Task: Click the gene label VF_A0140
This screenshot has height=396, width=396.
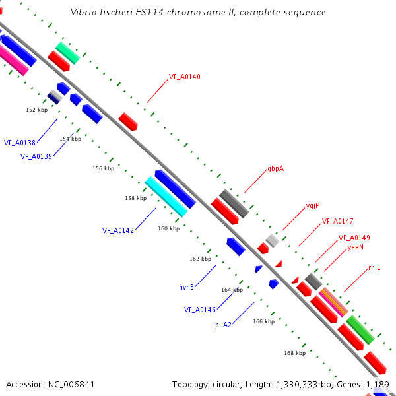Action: pos(184,77)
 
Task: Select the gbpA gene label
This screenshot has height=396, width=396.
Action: pos(275,169)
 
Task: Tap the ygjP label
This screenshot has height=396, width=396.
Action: pos(313,205)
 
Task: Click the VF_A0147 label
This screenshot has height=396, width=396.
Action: pos(337,221)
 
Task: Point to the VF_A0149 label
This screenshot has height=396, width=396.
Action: pos(354,238)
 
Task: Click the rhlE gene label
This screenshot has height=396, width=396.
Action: pos(374,268)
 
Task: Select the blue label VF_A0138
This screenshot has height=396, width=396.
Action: pos(19,143)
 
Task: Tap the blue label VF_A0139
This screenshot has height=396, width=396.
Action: pos(36,156)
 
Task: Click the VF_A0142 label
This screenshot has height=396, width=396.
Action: pos(118,230)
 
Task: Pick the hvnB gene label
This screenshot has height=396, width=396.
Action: pos(186,287)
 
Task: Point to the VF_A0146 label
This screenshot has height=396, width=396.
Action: pos(200,309)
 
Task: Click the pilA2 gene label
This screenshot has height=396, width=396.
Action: pos(223,325)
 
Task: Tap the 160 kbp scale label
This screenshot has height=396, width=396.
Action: pos(168,228)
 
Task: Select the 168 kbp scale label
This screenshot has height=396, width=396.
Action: pos(294,353)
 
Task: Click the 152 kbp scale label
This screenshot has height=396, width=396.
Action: pos(36,110)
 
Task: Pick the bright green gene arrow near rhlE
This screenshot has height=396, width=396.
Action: pos(360,329)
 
